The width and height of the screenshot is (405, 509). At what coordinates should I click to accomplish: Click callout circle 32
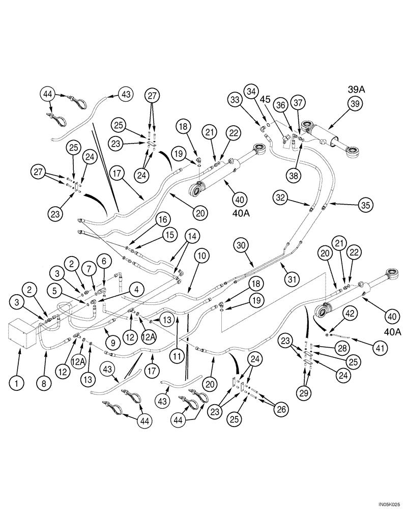(280, 197)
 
